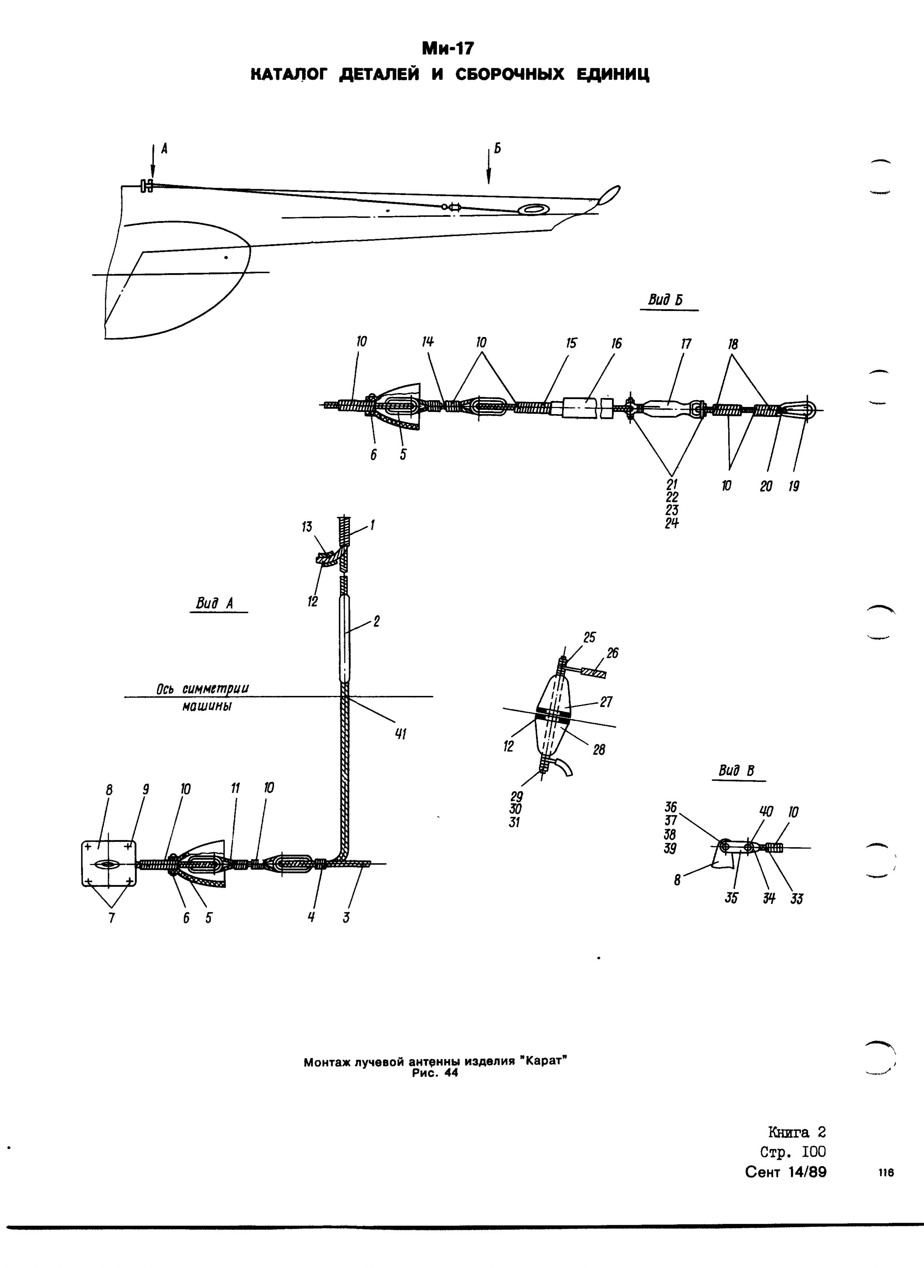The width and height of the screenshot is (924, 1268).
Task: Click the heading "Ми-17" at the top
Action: (x=447, y=49)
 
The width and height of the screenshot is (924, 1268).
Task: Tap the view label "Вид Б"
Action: (x=666, y=300)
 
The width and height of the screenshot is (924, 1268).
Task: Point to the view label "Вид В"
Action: (x=736, y=772)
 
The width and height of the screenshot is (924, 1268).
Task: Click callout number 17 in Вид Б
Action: (x=686, y=343)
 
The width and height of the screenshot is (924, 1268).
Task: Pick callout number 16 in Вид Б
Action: (x=616, y=343)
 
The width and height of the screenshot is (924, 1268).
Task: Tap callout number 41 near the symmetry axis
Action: (x=400, y=734)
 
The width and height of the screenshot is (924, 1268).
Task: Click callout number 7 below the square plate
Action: (x=111, y=918)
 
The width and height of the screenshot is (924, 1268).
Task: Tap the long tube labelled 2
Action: (x=345, y=638)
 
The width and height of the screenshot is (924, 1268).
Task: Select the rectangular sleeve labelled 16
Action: (x=582, y=408)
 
